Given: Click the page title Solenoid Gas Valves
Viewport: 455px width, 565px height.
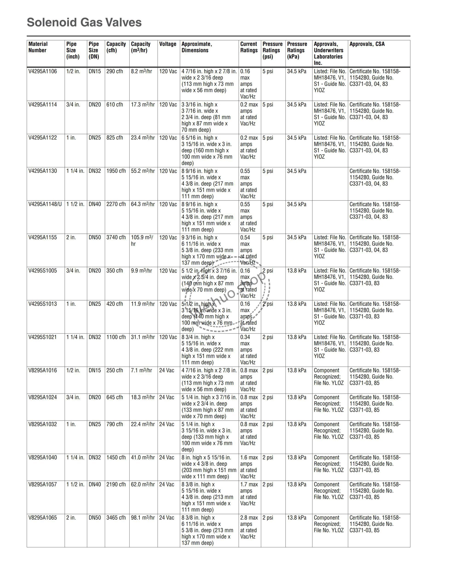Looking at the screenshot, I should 84,22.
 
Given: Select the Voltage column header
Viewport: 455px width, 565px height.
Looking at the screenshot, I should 167,44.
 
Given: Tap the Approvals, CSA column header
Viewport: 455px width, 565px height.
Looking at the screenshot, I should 367,44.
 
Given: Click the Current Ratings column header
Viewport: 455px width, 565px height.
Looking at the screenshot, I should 249,47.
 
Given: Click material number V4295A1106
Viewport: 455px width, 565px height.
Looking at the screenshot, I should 43,71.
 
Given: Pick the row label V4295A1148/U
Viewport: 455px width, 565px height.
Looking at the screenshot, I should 45,204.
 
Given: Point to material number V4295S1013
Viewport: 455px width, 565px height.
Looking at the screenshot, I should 43,304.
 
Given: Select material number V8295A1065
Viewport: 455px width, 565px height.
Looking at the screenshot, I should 43,518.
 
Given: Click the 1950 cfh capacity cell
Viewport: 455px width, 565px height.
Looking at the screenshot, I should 116,171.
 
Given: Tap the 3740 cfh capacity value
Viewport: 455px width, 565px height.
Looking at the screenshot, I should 116,237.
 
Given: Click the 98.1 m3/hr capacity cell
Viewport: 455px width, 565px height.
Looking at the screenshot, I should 143,518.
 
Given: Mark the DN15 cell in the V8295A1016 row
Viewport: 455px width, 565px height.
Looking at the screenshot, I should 95,370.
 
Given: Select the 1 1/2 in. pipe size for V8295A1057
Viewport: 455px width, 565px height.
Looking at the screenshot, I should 75,484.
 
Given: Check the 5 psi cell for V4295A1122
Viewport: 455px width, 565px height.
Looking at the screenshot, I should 268,138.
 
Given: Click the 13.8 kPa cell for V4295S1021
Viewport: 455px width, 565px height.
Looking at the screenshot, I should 297,337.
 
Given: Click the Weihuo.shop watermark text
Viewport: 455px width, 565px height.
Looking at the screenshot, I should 227,295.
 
